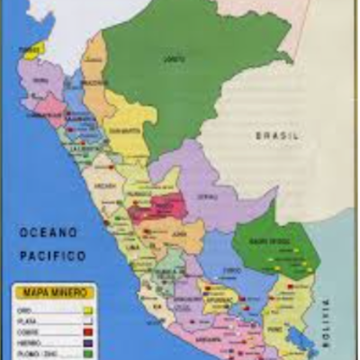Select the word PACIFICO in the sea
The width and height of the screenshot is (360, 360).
(x=53, y=256)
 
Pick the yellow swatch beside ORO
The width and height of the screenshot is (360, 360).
(x=87, y=310)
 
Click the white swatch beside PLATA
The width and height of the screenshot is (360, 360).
(x=87, y=320)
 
